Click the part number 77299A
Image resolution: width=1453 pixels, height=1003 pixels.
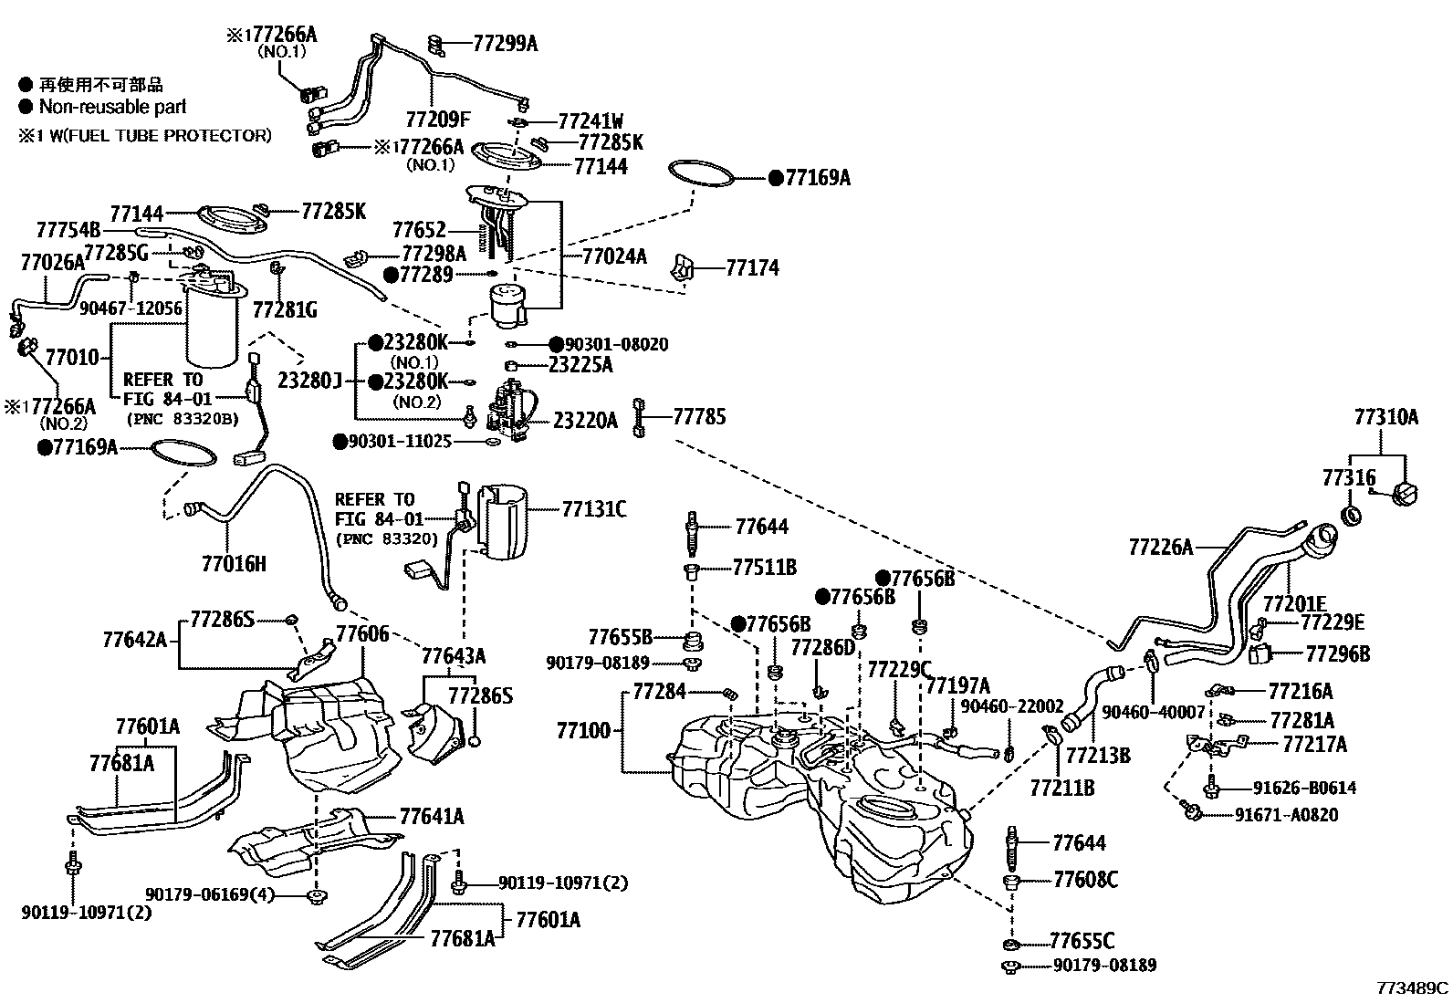click(505, 42)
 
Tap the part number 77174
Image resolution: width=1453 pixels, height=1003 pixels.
click(753, 267)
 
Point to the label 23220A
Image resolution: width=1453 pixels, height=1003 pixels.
click(585, 420)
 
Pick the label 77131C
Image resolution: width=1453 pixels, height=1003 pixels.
click(593, 508)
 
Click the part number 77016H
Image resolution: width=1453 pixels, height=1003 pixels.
click(234, 563)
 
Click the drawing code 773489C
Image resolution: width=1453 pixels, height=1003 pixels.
click(1413, 987)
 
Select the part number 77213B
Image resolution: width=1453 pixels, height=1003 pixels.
click(1098, 755)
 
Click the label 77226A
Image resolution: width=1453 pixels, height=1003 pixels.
click(1160, 547)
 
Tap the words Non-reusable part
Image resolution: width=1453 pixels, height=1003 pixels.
click(112, 107)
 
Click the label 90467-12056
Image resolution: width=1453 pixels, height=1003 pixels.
click(130, 309)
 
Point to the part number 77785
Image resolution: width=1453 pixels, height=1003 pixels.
click(699, 417)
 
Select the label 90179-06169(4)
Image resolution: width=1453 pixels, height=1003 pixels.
click(210, 894)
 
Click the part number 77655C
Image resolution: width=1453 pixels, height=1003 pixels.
click(1082, 940)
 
